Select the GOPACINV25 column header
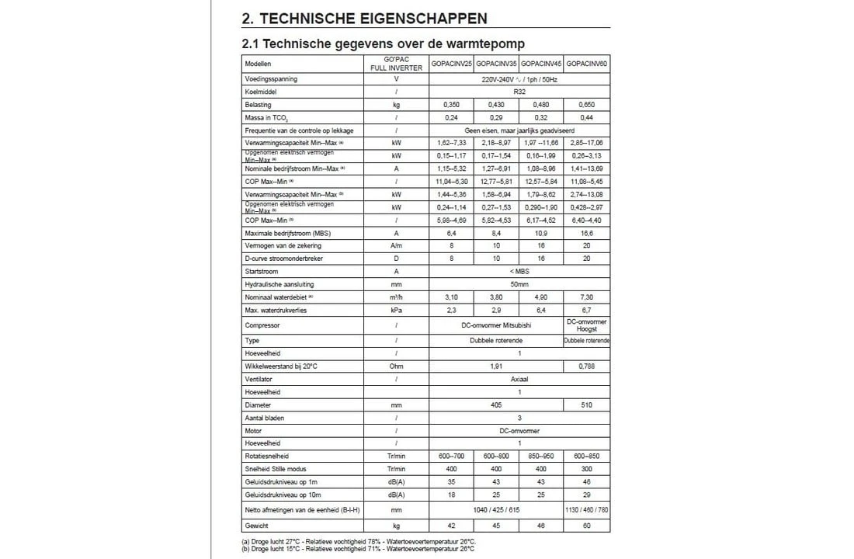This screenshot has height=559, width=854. (452, 63)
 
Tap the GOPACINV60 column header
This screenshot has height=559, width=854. (587, 63)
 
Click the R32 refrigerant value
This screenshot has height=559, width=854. (519, 92)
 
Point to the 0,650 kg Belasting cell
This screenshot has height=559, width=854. (587, 104)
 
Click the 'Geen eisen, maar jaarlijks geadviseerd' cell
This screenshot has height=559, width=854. (519, 131)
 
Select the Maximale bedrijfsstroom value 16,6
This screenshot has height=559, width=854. (587, 232)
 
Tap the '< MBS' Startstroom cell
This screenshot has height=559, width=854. (519, 272)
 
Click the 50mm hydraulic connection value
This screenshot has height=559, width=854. (519, 284)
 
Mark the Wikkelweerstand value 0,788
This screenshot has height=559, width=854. (587, 366)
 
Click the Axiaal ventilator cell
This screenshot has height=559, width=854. (519, 380)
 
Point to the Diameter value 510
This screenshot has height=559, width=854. (587, 404)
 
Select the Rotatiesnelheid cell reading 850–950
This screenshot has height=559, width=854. (541, 456)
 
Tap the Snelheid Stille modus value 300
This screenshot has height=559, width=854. (587, 469)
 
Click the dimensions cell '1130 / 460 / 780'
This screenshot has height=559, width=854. (587, 509)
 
